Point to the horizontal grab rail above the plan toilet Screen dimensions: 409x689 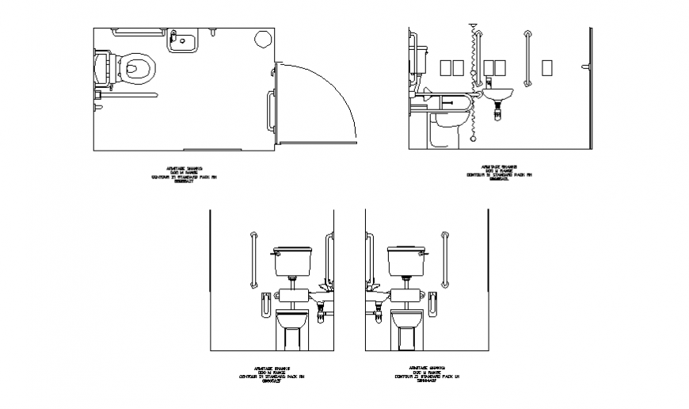click(127, 32)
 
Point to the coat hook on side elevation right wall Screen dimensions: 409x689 click(584, 67)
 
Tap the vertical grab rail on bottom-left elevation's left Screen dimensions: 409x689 click(253, 259)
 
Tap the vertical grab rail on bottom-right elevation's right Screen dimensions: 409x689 click(446, 259)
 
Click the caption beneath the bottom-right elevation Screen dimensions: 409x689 click(428, 373)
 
